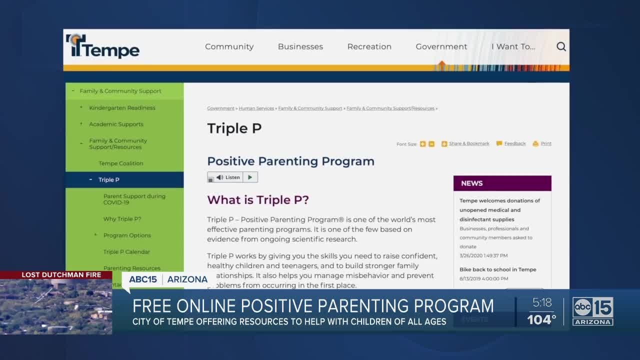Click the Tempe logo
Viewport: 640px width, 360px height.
click(103, 47)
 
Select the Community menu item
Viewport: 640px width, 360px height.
click(229, 46)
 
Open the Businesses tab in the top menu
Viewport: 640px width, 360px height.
click(300, 46)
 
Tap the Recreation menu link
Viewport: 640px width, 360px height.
click(369, 46)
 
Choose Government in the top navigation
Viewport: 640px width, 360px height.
click(441, 46)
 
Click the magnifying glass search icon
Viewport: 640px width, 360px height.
click(561, 46)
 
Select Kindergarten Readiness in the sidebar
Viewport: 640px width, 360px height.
click(122, 107)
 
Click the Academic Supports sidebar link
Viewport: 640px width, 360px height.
click(116, 124)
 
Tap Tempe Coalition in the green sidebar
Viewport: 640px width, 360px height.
click(121, 163)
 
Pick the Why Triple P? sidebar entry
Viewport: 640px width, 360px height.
click(122, 219)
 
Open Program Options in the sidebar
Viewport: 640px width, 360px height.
click(127, 235)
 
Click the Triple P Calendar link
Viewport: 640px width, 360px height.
click(126, 252)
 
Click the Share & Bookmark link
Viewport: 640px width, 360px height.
click(469, 143)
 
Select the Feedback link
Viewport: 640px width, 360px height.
click(514, 143)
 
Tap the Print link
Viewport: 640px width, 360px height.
click(546, 143)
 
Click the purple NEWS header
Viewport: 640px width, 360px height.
click(502, 183)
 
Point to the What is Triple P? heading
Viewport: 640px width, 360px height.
click(258, 200)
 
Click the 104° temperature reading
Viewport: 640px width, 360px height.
click(541, 319)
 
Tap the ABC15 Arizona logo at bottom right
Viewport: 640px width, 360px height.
click(593, 311)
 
